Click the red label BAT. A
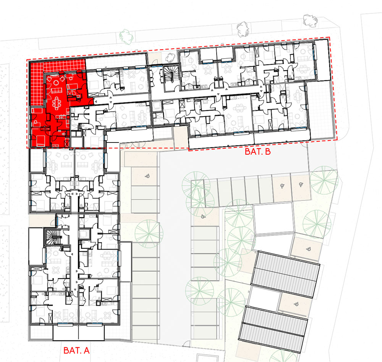point(76,350)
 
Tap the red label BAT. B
point(257,152)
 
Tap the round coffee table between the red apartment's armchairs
point(57,83)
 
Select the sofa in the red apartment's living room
point(57,91)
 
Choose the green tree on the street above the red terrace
point(126,37)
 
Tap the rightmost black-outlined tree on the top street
point(310,20)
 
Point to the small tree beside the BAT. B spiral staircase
point(170,58)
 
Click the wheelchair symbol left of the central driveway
point(147,176)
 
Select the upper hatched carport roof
point(285,274)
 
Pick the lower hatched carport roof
point(273,329)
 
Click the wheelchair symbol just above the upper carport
point(308,249)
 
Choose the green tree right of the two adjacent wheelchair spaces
point(324,180)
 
